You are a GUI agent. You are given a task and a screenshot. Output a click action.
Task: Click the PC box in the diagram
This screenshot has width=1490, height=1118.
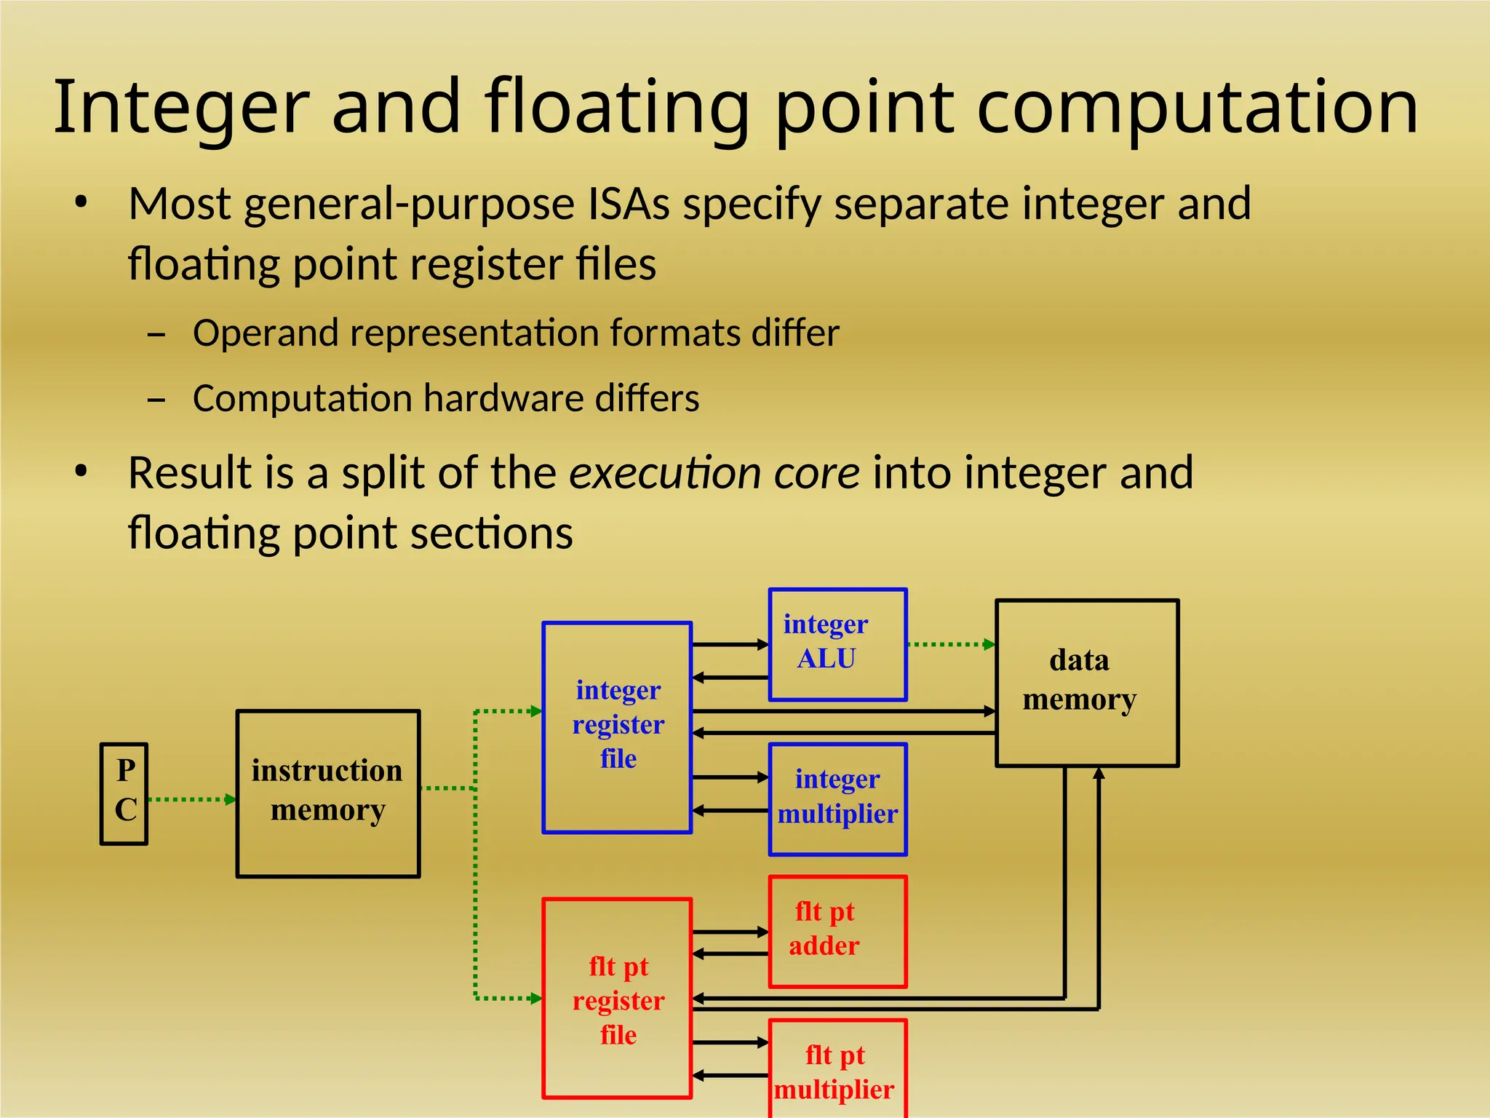(124, 793)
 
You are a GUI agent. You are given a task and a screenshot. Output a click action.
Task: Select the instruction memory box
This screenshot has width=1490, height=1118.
(328, 793)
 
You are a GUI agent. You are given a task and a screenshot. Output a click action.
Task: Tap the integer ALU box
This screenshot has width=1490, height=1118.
(837, 644)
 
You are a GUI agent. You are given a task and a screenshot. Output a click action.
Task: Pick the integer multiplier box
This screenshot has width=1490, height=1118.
(837, 798)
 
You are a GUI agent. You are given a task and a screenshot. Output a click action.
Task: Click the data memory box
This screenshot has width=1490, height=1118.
(1086, 682)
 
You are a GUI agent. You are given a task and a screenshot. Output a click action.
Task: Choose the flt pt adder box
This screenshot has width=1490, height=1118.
(837, 931)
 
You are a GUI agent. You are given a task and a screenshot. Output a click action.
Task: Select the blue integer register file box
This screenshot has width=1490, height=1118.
(617, 726)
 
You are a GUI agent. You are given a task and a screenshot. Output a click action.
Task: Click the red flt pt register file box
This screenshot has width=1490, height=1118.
(617, 998)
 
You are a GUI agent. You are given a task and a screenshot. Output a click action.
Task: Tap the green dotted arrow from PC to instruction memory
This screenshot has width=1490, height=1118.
(191, 799)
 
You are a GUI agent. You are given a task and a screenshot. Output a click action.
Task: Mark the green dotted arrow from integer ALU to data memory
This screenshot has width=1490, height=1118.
(949, 644)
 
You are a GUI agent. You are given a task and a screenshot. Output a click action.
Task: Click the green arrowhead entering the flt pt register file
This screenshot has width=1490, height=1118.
(536, 998)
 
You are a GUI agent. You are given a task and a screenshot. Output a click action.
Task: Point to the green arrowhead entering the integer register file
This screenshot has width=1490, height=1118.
(536, 711)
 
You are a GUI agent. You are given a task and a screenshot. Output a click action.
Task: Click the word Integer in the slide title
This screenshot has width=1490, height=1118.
(181, 108)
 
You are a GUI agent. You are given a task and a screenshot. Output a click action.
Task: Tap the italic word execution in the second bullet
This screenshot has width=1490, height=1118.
(664, 472)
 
